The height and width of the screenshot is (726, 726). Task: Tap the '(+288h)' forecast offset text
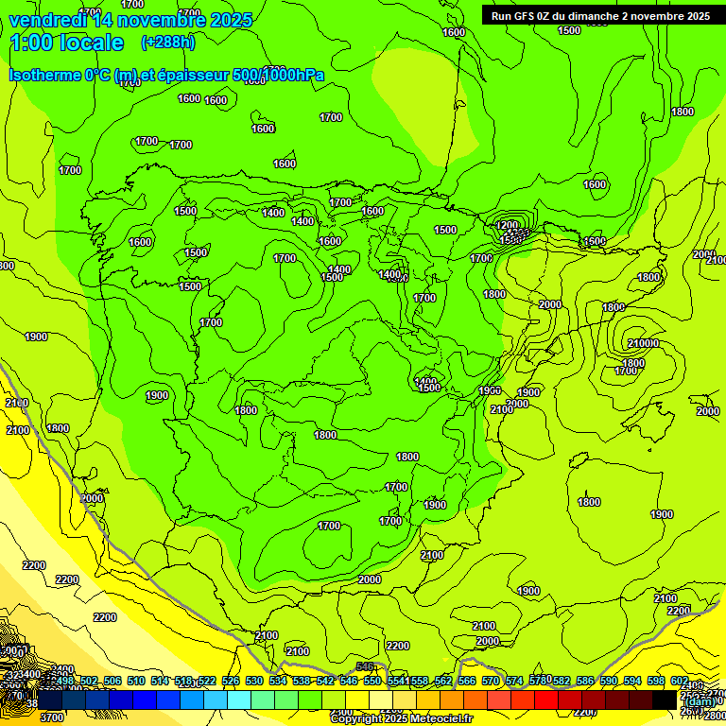(168, 42)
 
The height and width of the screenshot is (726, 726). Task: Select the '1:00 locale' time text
(67, 43)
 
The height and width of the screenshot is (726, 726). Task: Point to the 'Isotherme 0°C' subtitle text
(60, 75)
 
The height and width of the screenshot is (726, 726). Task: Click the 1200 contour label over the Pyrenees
(509, 226)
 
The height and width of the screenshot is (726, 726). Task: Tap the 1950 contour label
(490, 390)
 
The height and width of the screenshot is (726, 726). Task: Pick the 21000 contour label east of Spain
(643, 343)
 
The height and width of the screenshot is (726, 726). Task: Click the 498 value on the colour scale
(64, 681)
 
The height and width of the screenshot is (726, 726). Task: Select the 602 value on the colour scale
(680, 681)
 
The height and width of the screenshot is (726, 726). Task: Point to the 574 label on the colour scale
(515, 681)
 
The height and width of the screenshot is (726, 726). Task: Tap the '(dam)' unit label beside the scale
(700, 701)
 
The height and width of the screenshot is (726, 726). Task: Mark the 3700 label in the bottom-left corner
(53, 717)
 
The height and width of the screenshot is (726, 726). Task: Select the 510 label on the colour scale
(136, 681)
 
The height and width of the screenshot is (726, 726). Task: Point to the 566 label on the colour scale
(467, 681)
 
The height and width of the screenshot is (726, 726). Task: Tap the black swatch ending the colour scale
(665, 700)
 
